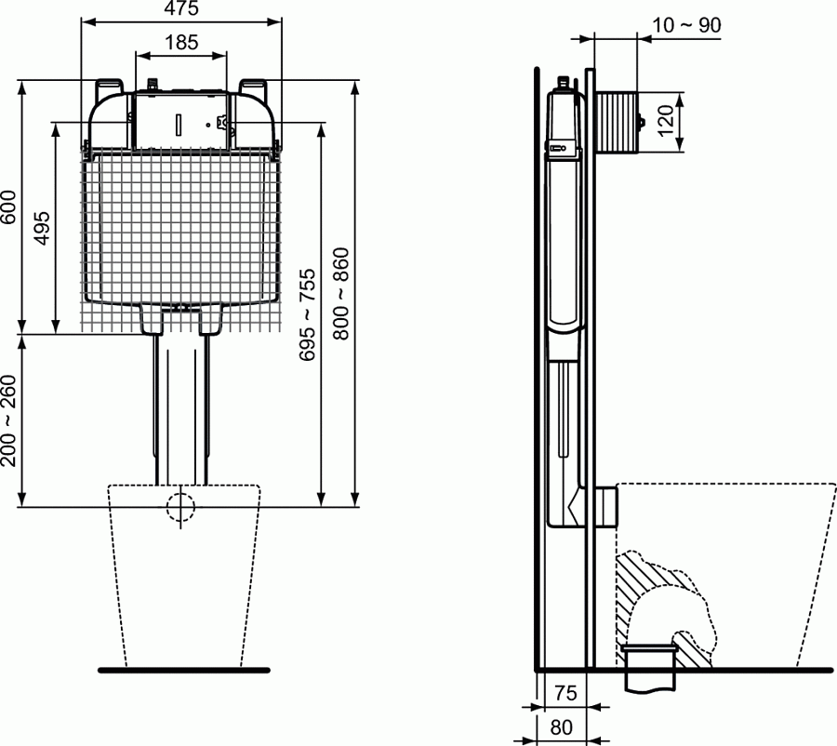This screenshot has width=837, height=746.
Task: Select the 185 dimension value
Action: click(x=181, y=42)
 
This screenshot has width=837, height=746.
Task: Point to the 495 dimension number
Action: click(x=42, y=228)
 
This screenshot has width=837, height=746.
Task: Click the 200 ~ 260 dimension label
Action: click(x=8, y=420)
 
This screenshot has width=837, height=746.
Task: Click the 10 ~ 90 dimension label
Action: click(x=686, y=25)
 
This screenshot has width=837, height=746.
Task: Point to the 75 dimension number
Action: click(x=565, y=693)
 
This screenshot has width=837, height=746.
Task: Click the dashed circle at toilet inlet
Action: click(x=181, y=506)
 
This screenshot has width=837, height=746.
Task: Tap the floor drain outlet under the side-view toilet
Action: click(x=649, y=668)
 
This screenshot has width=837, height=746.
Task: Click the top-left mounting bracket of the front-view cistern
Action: click(x=113, y=86)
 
